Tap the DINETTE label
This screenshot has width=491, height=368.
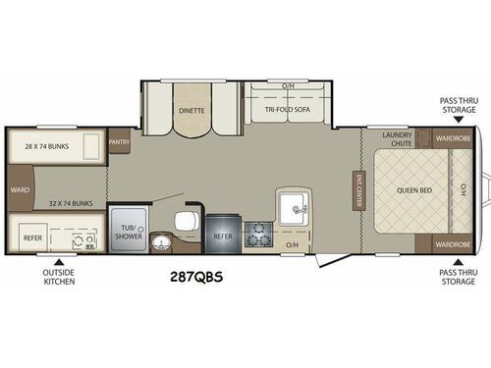[191, 111]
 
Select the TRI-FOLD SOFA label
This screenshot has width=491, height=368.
[288, 111]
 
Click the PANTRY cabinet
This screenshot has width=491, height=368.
[120, 141]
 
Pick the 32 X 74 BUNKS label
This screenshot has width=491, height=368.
[68, 203]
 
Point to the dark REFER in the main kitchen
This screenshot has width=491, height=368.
[221, 236]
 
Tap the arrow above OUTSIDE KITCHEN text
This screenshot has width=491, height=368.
[59, 260]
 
